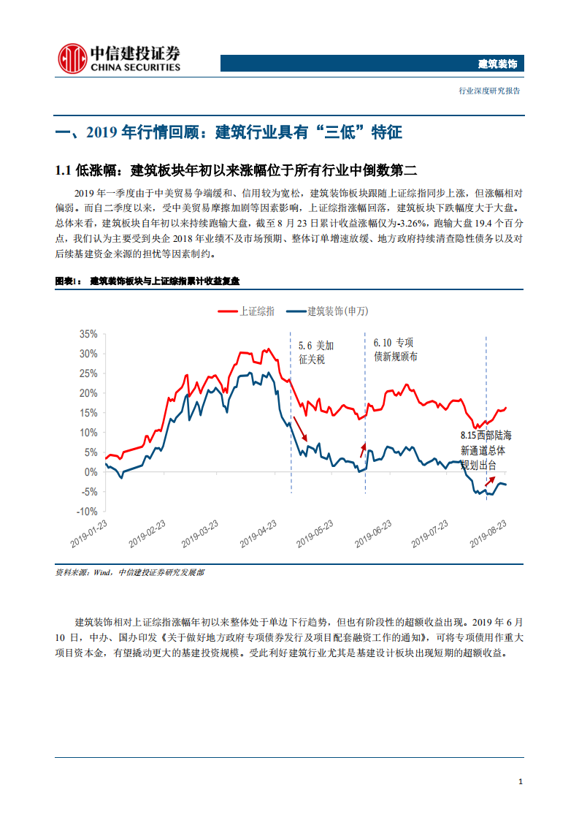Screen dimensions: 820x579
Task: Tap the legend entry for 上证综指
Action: tap(248, 311)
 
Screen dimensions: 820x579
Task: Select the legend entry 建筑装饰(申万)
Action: tap(328, 311)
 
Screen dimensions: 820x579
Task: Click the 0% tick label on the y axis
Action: tap(91, 472)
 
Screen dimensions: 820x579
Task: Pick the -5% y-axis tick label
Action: tap(88, 492)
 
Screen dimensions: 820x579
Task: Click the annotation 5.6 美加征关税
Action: tap(316, 353)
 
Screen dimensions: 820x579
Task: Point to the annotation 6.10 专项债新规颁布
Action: tap(394, 349)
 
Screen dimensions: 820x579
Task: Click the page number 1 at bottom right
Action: tap(520, 782)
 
